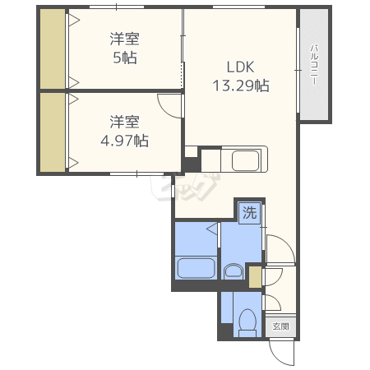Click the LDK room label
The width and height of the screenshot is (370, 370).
(x=240, y=67)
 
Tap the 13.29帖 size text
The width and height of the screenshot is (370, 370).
(x=241, y=86)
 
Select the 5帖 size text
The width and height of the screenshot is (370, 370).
(x=125, y=58)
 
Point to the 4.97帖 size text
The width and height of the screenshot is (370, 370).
(x=125, y=141)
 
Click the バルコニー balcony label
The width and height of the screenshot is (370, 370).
(x=314, y=65)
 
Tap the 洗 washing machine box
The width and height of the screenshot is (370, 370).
(x=249, y=213)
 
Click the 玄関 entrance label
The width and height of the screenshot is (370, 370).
(x=280, y=326)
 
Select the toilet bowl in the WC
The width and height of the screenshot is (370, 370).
(x=247, y=322)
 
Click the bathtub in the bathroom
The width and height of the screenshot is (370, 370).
(x=196, y=268)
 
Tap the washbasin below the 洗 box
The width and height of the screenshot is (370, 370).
(x=234, y=271)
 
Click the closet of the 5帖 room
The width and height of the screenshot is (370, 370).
(x=53, y=49)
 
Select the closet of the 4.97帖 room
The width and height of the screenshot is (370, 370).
(x=53, y=132)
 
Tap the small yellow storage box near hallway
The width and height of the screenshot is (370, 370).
(x=255, y=277)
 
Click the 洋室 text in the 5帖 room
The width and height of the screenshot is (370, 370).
(x=125, y=39)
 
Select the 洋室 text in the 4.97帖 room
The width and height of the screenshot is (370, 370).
(x=125, y=122)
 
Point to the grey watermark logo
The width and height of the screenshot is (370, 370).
(x=185, y=187)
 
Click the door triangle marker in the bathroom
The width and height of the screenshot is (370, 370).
(x=212, y=229)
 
